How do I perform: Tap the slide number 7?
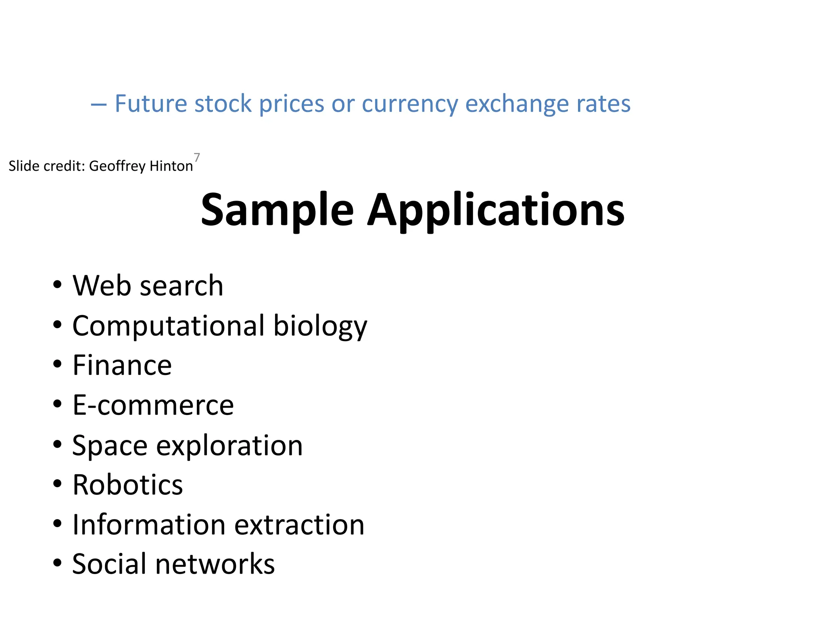pyautogui.click(x=197, y=157)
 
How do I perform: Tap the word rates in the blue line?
pyautogui.click(x=603, y=104)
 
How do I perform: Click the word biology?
pyautogui.click(x=320, y=326)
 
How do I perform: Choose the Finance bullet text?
pyautogui.click(x=122, y=365)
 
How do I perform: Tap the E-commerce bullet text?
pyautogui.click(x=153, y=405)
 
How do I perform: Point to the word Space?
pyautogui.click(x=110, y=446)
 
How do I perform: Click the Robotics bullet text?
pyautogui.click(x=127, y=485)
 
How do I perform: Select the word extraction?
pyautogui.click(x=299, y=525)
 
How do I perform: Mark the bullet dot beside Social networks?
pyautogui.click(x=57, y=562)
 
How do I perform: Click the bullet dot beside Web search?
pyautogui.click(x=57, y=284)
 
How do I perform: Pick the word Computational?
pyautogui.click(x=169, y=325)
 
